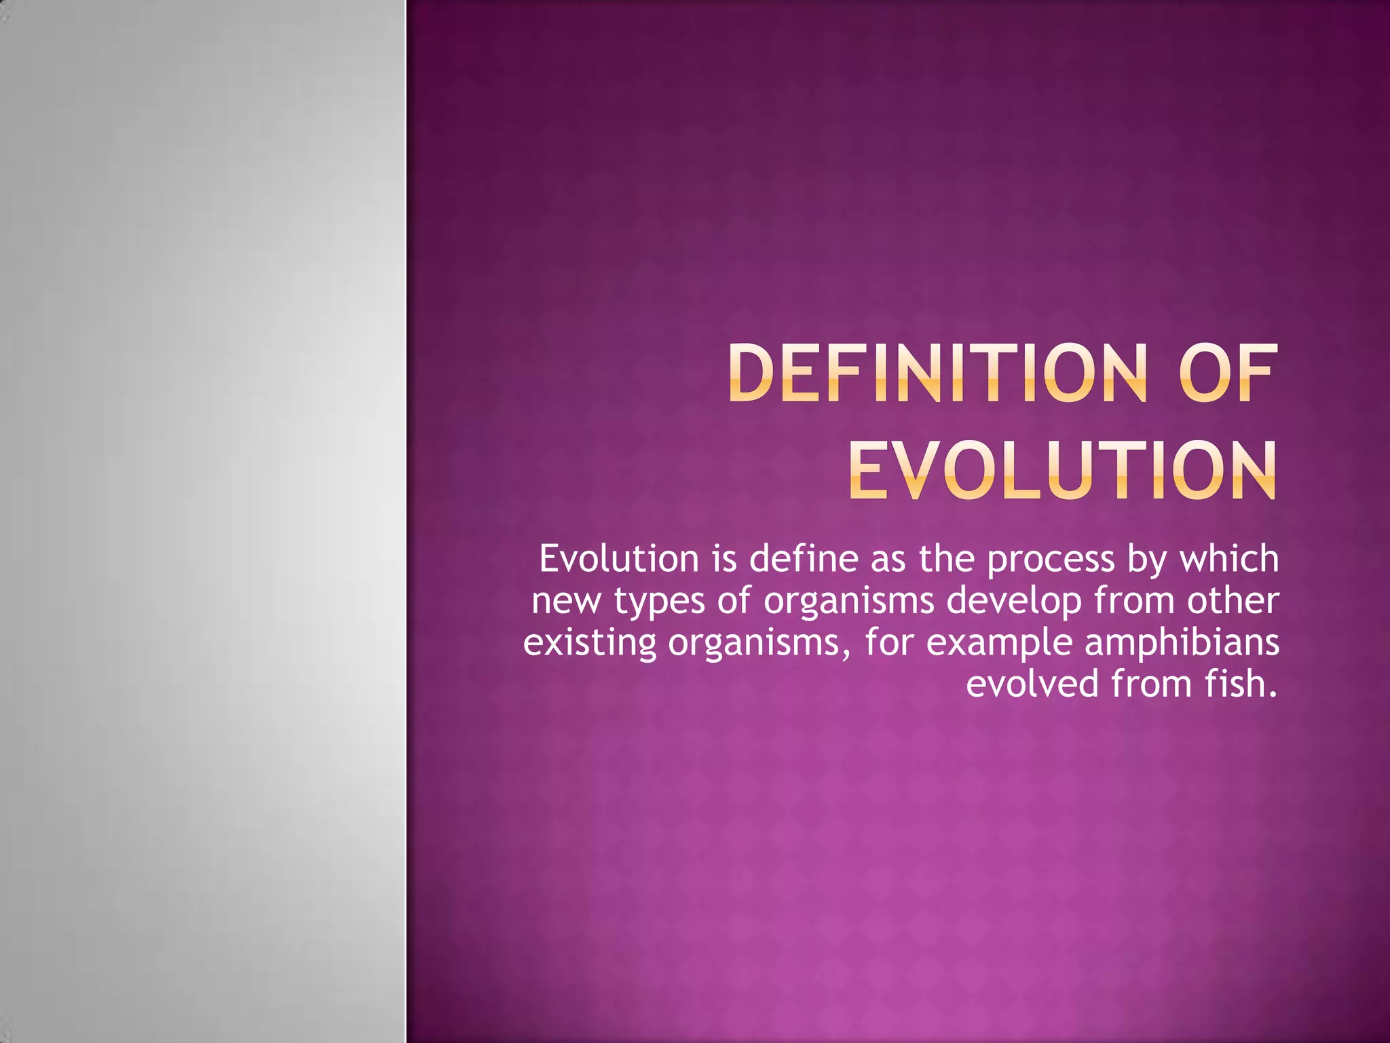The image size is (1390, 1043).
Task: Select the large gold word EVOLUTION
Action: click(x=1062, y=470)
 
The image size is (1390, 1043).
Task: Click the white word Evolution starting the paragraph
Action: click(x=618, y=560)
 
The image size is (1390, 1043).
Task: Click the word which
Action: click(x=1229, y=560)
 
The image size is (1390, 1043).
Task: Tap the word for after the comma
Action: click(x=888, y=643)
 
